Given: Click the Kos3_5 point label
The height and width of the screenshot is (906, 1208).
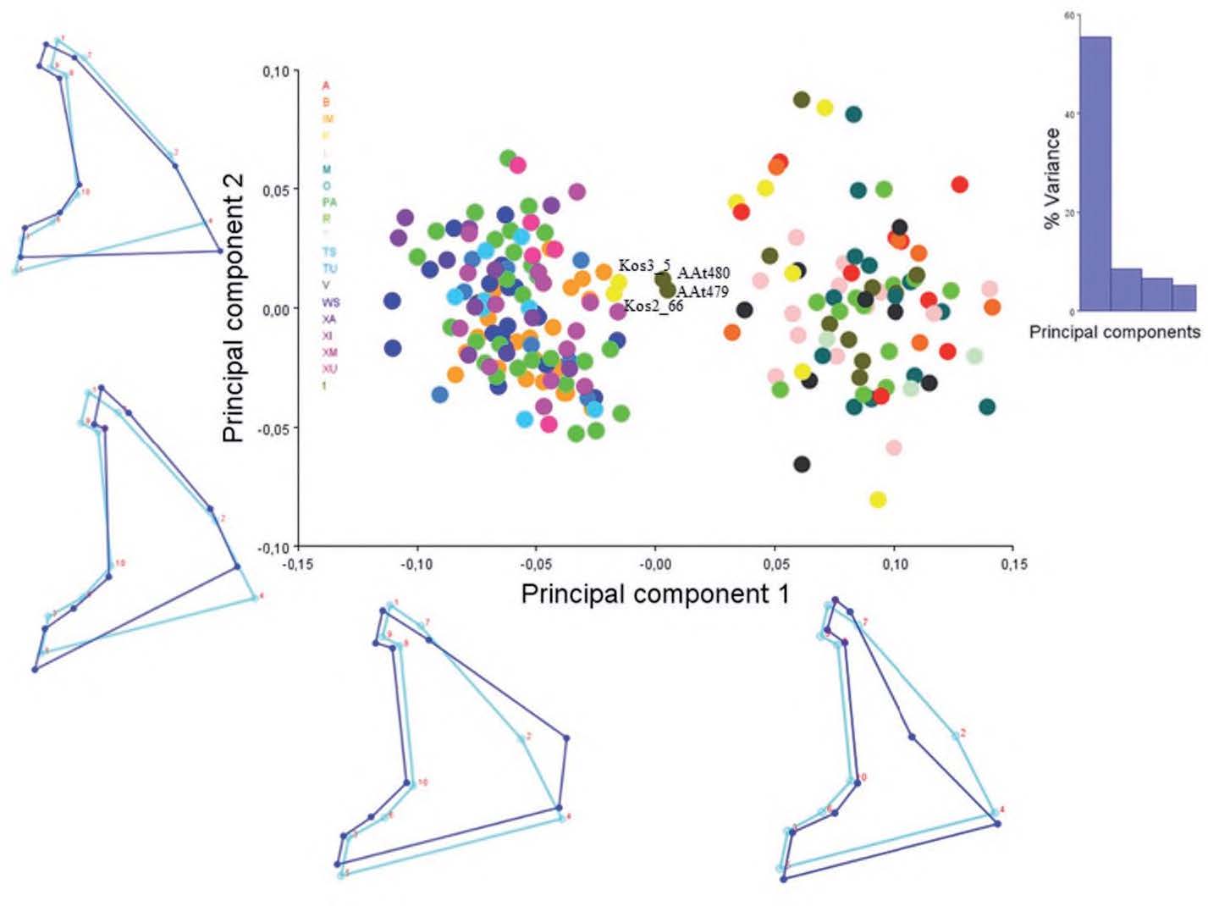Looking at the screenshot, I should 644,264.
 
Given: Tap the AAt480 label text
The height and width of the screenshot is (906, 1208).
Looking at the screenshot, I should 703,273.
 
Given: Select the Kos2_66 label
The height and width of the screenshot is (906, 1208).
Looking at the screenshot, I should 653,306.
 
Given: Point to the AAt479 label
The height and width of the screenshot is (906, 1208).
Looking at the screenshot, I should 703,292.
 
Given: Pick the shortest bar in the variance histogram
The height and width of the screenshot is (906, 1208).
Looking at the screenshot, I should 1184,297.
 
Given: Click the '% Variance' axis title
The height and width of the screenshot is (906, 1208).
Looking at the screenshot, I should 1052,178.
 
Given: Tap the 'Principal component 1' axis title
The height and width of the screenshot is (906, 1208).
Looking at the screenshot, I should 654,594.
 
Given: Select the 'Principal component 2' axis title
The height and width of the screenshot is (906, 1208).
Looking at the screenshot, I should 234,307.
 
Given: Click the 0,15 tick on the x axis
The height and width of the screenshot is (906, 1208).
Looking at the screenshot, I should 1012,564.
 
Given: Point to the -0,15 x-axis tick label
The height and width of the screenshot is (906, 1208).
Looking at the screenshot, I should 296,564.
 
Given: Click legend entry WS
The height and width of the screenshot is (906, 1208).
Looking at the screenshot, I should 330,302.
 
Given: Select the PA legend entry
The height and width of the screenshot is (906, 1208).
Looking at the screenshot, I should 329,202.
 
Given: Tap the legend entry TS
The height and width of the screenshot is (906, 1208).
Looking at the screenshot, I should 328,252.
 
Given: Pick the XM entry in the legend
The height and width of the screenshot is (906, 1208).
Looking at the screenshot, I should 329,352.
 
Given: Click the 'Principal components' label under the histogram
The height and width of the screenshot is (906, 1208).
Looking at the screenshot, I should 1114,332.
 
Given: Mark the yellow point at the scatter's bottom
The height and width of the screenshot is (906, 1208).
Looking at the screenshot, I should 878,500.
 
